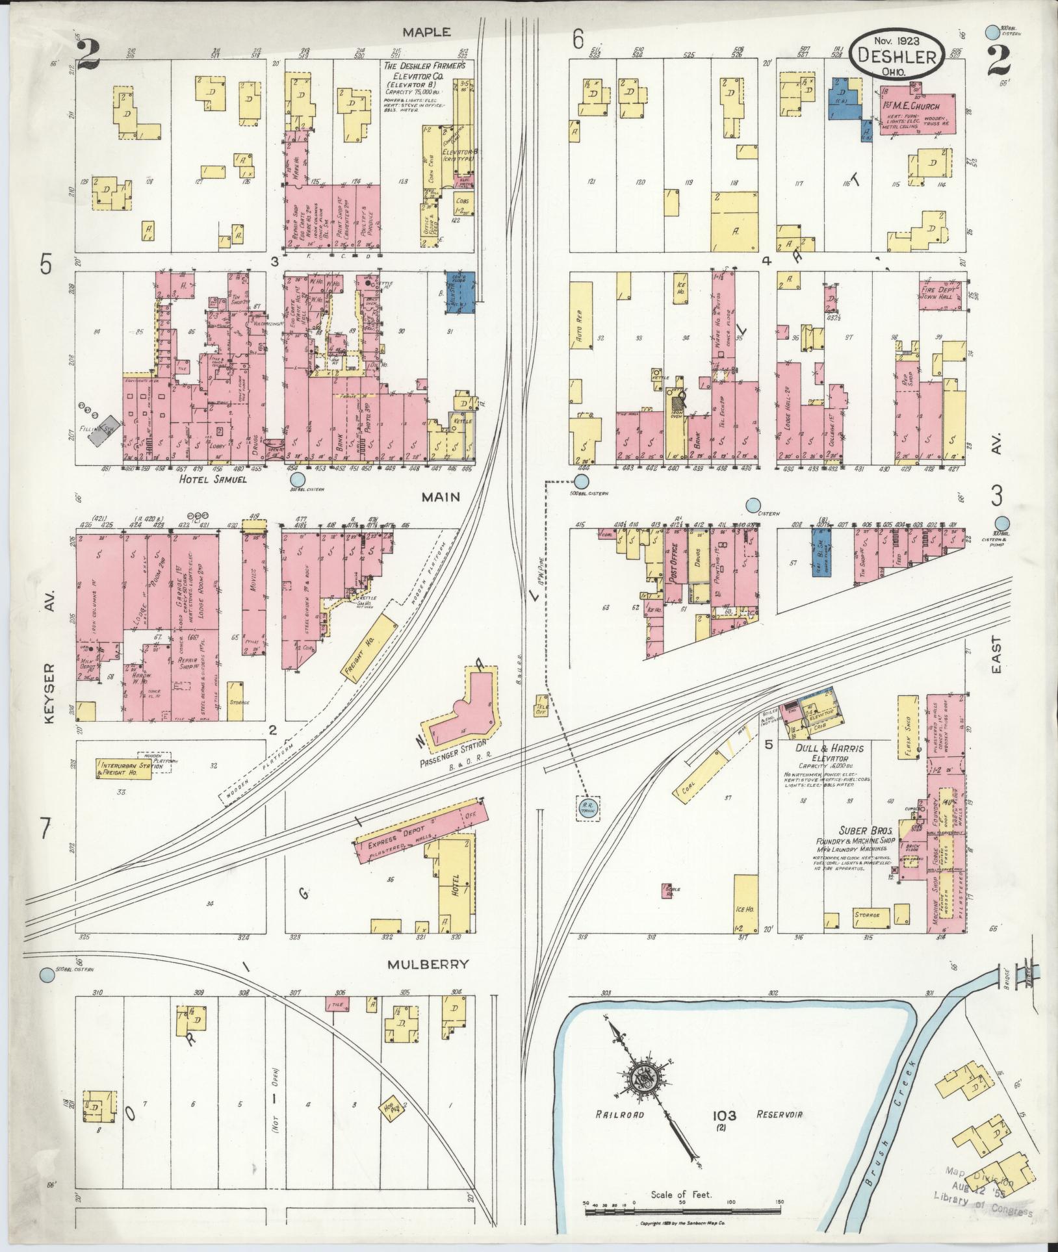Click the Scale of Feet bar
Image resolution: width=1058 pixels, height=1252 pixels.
(682, 1211)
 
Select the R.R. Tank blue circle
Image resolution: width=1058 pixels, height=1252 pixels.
(588, 808)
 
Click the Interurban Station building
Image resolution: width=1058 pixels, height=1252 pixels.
(124, 769)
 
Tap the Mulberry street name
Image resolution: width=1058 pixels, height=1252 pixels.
(428, 964)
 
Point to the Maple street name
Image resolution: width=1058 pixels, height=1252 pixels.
(426, 32)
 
